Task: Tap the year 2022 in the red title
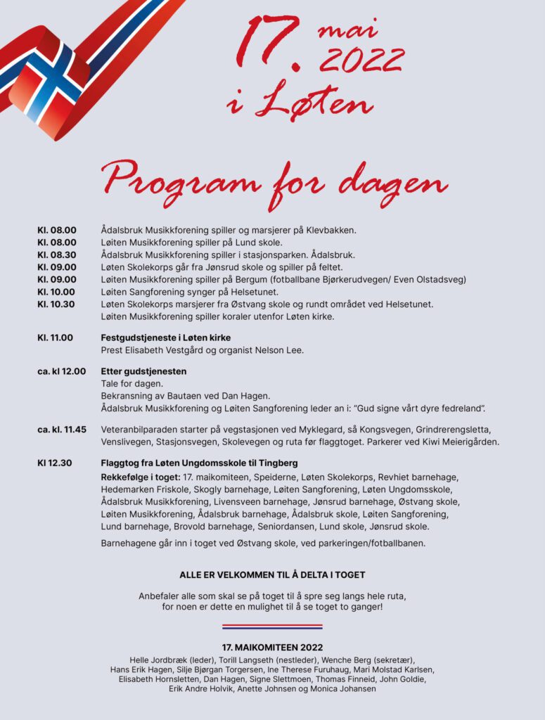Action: click(359, 61)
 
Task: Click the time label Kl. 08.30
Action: click(57, 255)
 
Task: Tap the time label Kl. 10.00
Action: click(57, 292)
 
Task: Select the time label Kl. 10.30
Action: click(57, 304)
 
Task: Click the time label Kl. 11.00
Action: click(55, 337)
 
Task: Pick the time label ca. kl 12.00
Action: click(61, 371)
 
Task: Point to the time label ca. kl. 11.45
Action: click(62, 429)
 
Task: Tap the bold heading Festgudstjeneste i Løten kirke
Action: click(166, 337)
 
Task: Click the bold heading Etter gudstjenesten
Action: click(144, 371)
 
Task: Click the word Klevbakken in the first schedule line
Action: click(331, 230)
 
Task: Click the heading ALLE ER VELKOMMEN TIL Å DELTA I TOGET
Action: click(272, 574)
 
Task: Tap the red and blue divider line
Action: click(272, 626)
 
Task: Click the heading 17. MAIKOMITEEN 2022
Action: click(272, 647)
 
